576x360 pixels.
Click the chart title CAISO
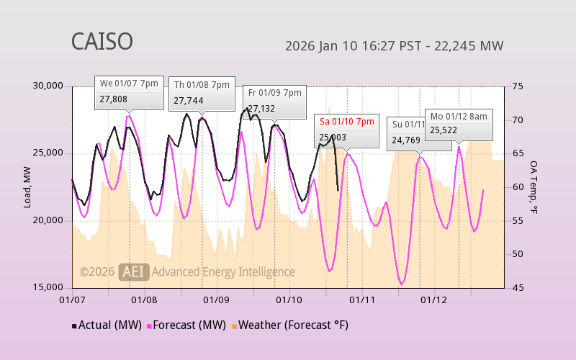(102, 41)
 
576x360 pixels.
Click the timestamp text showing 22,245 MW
(394, 46)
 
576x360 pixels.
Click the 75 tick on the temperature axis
(517, 86)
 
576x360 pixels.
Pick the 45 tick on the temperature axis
(517, 287)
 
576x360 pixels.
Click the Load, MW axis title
(27, 187)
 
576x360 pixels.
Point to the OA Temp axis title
(534, 187)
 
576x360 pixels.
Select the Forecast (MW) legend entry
(187, 325)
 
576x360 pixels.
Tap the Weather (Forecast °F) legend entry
(290, 325)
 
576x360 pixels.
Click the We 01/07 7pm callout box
(129, 91)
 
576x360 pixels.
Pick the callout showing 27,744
(202, 94)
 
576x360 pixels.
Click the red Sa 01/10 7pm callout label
(347, 122)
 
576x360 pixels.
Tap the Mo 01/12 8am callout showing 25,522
(459, 124)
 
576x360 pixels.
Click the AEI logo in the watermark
(133, 271)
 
